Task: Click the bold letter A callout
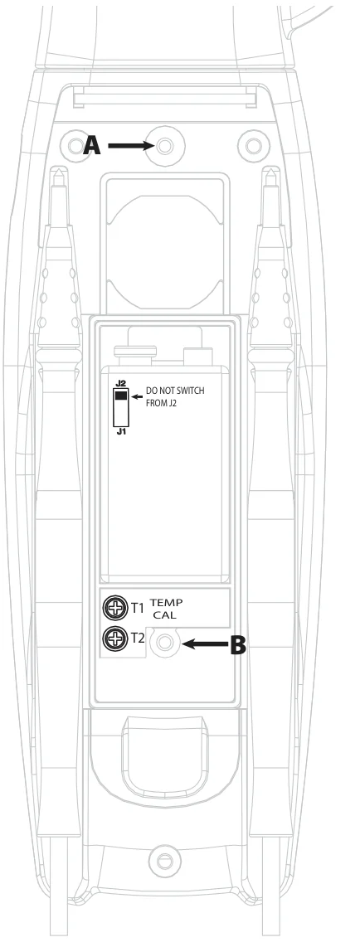92,146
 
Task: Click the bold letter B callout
239,644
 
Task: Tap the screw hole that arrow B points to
163,643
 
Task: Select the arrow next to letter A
131,146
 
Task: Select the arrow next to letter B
205,643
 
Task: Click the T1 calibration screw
115,608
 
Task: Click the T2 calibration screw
115,637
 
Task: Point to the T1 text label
138,608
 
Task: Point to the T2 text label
138,637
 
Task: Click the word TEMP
166,602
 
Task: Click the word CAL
165,614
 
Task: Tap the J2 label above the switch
120,384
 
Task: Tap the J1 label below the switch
120,432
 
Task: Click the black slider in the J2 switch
121,396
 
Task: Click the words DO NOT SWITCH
175,391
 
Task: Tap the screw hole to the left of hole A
75,146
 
